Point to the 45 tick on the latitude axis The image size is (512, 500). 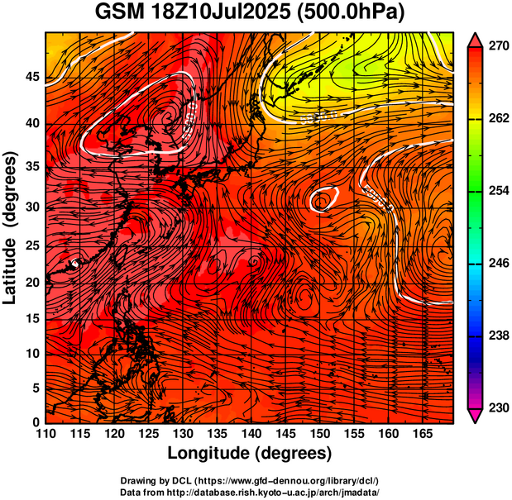pos(30,77)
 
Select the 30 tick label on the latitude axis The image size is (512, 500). pos(30,207)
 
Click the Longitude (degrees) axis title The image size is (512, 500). pos(249,453)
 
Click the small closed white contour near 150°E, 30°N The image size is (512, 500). pos(322,199)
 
